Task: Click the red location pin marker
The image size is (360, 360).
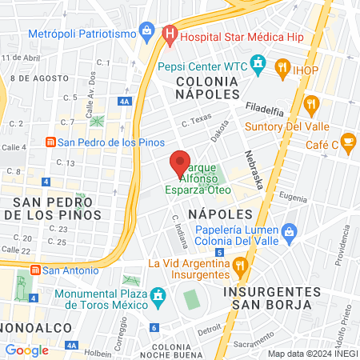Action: pos(181,164)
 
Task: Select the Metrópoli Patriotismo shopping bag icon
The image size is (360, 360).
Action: pos(146,31)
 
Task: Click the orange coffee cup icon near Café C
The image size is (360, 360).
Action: pos(347,142)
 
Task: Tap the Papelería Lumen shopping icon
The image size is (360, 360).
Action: pos(290,234)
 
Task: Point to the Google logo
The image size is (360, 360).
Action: pos(26,350)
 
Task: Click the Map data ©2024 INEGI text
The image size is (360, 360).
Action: pos(312,353)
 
